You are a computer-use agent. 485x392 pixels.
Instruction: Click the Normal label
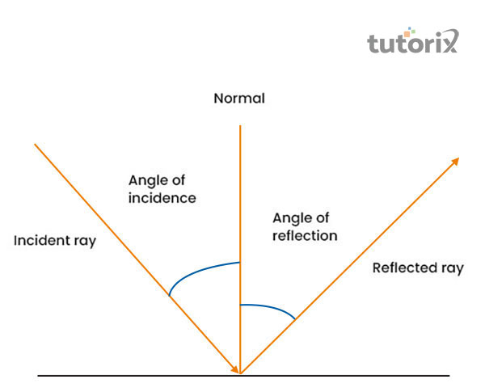coord(239,99)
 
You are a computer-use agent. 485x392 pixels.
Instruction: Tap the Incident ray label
coord(55,240)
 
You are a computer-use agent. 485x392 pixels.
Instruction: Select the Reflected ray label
coord(418,268)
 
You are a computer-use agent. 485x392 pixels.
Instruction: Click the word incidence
coord(162,197)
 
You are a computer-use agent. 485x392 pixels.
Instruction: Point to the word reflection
coord(305,236)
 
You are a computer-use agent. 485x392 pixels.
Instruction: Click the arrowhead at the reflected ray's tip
coord(457,162)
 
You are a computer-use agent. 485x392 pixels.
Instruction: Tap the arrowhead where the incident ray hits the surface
coord(236,369)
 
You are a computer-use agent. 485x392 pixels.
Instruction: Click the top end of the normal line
coord(239,125)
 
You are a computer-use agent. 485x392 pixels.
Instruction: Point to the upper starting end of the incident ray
coord(35,145)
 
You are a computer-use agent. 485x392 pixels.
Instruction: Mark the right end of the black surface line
coord(449,376)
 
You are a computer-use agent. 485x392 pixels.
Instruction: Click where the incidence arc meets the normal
coord(239,262)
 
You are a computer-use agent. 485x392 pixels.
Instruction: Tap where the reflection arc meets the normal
coord(240,305)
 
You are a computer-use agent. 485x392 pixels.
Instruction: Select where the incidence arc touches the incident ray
coord(169,296)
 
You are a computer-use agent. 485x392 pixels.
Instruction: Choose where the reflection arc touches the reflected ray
coord(294,320)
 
